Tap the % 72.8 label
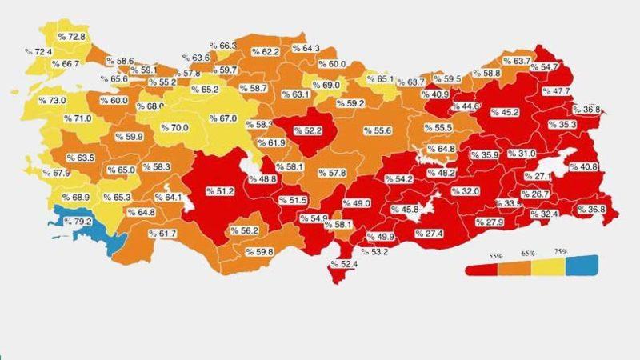(71, 37)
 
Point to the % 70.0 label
(175, 127)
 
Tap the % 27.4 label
(429, 233)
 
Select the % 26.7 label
(535, 194)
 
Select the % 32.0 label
(465, 191)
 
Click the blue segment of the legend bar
(582, 267)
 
